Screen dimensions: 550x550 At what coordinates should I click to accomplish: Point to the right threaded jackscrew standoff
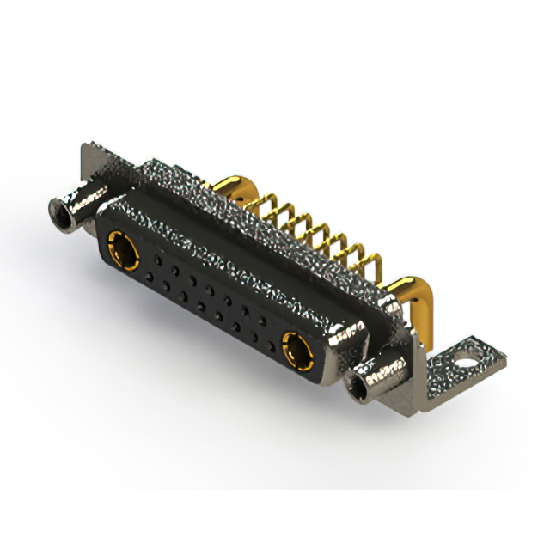click(378, 375)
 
